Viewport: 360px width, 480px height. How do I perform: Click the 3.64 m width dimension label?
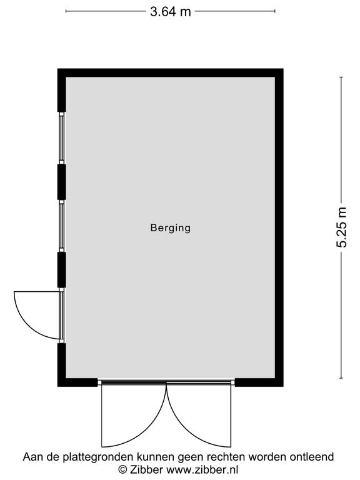coord(171,12)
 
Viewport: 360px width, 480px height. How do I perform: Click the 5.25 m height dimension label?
coord(342,227)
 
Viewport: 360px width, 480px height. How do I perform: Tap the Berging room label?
coord(171,228)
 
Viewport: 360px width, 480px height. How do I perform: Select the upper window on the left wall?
coord(61,138)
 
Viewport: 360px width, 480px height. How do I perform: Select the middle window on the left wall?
coord(61,226)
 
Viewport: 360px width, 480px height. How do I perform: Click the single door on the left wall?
coord(61,315)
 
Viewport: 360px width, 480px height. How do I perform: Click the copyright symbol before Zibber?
coord(122,469)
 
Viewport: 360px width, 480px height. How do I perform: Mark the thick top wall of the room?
coord(171,73)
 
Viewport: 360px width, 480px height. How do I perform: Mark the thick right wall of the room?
coord(279,227)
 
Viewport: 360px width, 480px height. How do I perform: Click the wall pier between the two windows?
coord(61,182)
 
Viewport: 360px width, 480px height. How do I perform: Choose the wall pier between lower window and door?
coord(61,270)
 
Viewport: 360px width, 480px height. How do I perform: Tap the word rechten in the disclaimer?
coord(226,457)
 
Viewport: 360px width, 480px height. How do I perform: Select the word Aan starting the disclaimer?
coord(32,457)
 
